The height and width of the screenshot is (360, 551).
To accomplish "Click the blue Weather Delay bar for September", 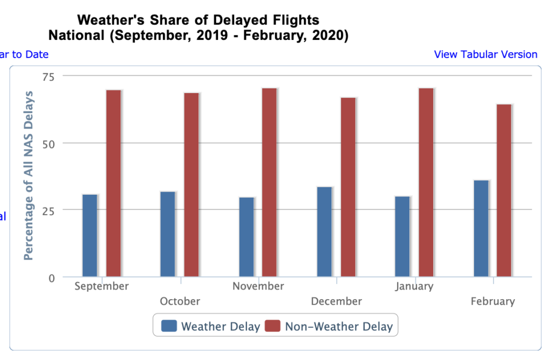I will [x=90, y=236].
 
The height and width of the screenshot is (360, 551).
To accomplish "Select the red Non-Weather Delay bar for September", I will [x=114, y=183].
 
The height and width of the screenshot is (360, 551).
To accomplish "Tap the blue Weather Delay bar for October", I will [x=168, y=234].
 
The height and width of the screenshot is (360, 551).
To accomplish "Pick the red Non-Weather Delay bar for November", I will [x=269, y=182].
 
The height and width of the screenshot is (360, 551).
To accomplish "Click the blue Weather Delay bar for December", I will [x=324, y=232].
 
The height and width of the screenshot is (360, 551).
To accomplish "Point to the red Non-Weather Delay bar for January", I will [x=426, y=182].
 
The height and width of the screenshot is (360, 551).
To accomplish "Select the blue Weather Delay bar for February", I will [x=481, y=229].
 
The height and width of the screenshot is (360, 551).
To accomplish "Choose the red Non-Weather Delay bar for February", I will [x=504, y=190].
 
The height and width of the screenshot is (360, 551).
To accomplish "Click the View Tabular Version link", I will [x=485, y=54].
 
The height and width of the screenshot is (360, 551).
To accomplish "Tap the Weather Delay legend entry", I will [x=210, y=326].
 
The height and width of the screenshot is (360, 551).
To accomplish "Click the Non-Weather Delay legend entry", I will [x=329, y=326].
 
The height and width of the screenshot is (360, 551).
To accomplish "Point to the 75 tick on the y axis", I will [x=49, y=76].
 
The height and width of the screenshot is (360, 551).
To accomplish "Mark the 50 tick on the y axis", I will [x=49, y=143].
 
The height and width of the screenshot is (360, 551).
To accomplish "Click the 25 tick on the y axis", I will [x=49, y=210].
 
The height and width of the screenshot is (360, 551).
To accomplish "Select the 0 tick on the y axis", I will [x=52, y=278].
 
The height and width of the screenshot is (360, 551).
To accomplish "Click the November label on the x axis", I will [x=258, y=286].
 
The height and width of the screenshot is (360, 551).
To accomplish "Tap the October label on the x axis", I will [x=180, y=301].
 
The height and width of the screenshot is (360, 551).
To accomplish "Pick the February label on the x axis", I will [x=492, y=301].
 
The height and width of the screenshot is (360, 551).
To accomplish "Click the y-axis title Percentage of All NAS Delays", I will [x=29, y=176].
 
